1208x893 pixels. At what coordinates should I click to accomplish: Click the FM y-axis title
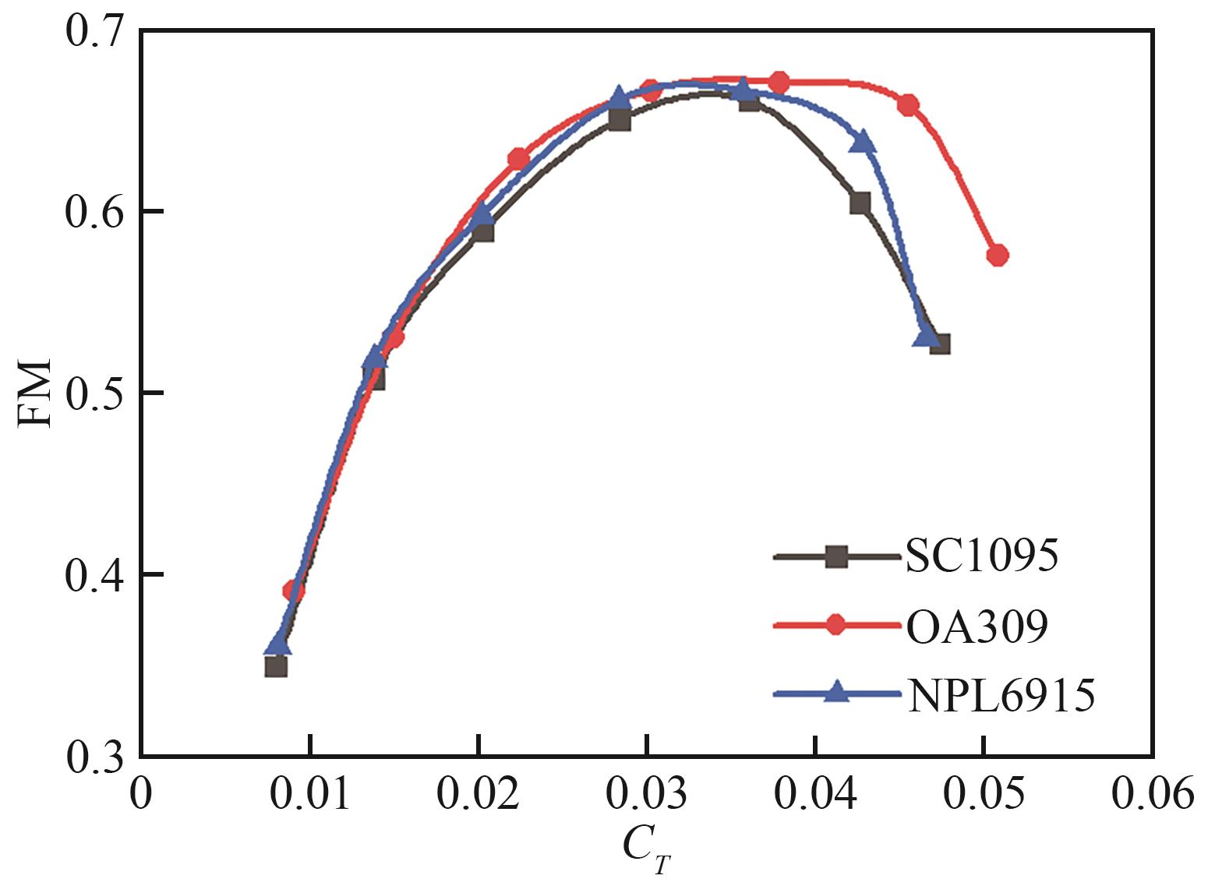click(35, 393)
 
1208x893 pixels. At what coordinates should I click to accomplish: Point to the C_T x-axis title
click(646, 852)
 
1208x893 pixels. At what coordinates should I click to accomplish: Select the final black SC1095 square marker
click(940, 344)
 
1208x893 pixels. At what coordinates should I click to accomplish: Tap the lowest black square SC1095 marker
click(276, 666)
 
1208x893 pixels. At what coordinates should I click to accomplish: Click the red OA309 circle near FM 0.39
click(293, 590)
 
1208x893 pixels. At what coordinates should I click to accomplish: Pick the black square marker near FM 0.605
click(860, 203)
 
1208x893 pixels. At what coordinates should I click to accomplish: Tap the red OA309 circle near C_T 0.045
click(908, 105)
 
